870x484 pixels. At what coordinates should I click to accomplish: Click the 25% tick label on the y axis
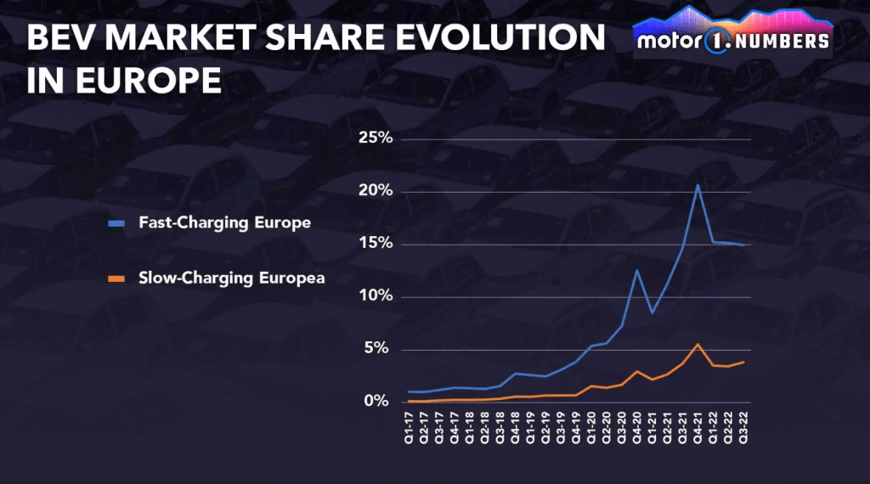click(373, 139)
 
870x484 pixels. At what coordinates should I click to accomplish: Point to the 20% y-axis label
click(373, 192)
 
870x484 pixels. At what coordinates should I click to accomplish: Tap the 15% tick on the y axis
click(373, 245)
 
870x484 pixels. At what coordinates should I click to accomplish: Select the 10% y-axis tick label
click(373, 297)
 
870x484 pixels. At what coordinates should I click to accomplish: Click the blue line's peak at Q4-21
click(698, 185)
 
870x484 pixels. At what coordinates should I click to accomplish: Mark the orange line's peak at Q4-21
click(698, 344)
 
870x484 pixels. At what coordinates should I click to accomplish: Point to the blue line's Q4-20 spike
click(637, 270)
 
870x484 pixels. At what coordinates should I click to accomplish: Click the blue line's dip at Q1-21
click(652, 312)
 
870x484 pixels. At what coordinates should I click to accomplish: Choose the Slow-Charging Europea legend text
click(231, 278)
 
